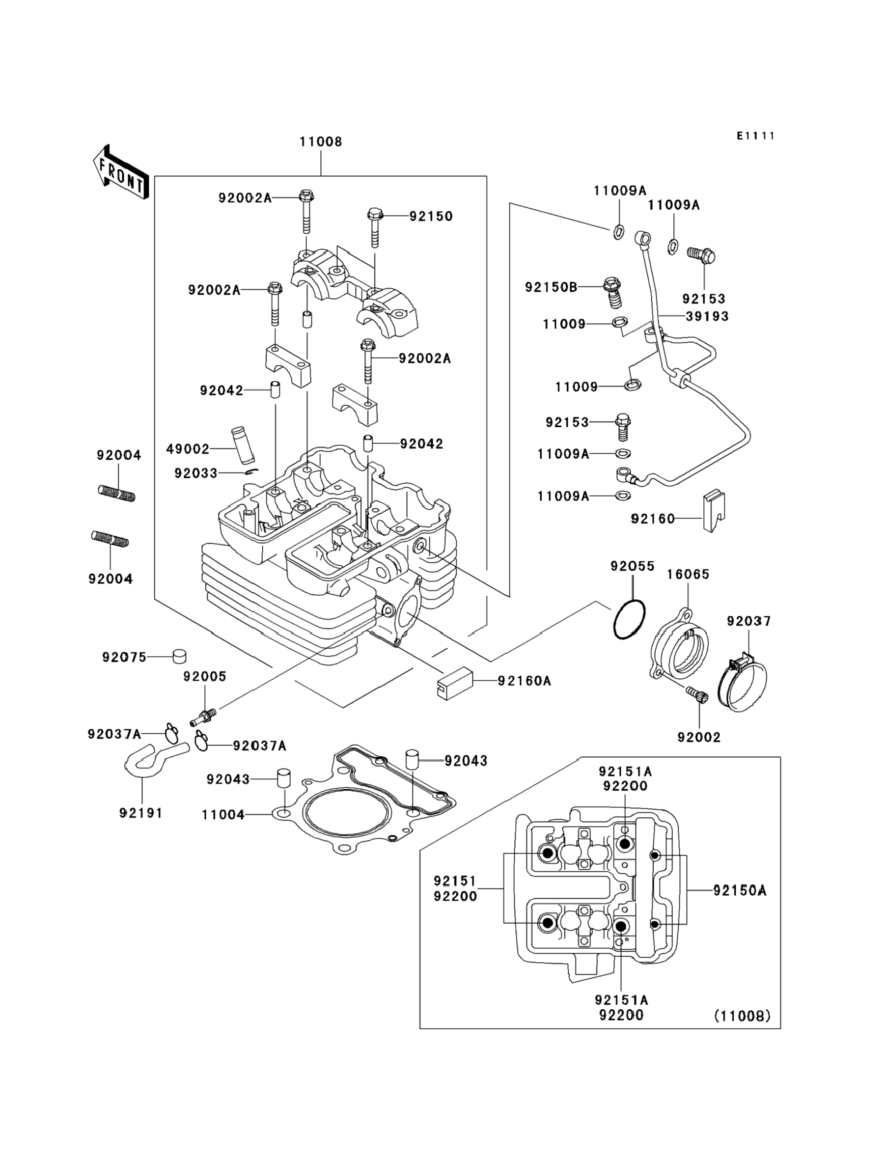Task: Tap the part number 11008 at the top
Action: [321, 142]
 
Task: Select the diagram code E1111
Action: [756, 136]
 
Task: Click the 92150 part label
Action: [431, 216]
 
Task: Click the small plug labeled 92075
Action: [180, 657]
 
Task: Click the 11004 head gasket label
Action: [223, 815]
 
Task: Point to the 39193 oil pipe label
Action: [707, 316]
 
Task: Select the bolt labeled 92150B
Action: [612, 292]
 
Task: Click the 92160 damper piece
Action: [713, 511]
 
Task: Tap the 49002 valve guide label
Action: [188, 449]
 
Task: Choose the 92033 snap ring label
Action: [195, 473]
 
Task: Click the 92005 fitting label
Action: [205, 676]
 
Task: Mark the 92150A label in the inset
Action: [739, 890]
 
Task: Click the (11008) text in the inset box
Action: [743, 1016]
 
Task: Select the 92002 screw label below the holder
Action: [699, 737]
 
